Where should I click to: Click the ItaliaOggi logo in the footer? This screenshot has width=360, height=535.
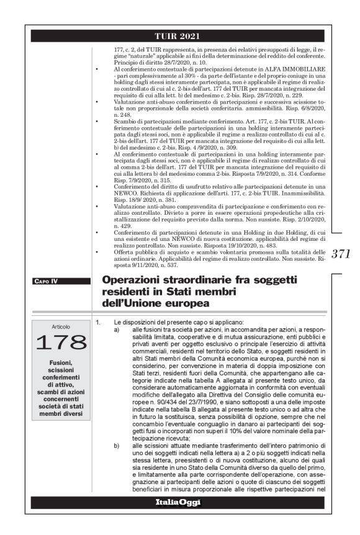[x=180, y=501]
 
